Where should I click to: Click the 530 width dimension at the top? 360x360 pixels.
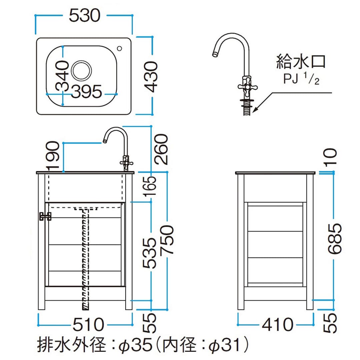click(x=84, y=15)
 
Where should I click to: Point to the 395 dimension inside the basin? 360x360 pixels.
click(x=86, y=91)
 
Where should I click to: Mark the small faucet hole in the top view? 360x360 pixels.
click(x=119, y=48)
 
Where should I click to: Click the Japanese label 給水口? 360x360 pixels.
click(x=301, y=62)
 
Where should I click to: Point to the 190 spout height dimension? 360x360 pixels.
click(x=53, y=156)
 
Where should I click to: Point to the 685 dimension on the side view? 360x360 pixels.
click(x=333, y=238)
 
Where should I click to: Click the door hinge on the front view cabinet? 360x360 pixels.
click(x=45, y=216)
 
